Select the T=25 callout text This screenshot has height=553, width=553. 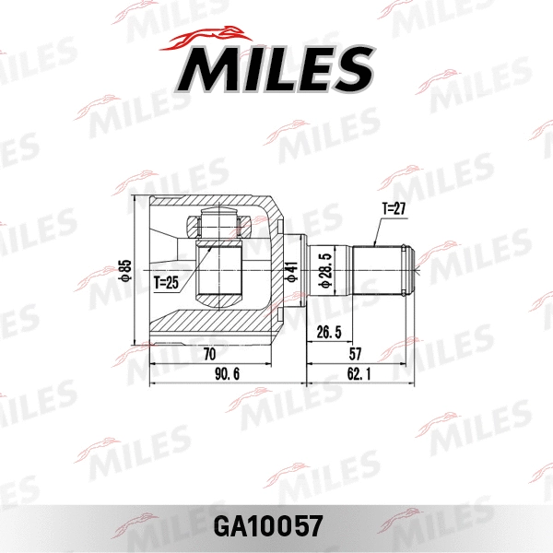(x=167, y=282)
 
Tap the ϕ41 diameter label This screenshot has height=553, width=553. (x=292, y=273)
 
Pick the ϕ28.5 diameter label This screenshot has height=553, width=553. (x=324, y=272)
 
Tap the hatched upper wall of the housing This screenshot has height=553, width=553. (x=212, y=204)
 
